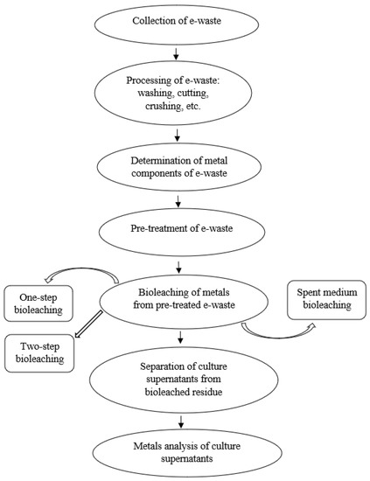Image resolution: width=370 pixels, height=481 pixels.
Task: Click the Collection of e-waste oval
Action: click(178, 21)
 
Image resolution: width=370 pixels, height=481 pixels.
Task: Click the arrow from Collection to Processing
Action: click(178, 54)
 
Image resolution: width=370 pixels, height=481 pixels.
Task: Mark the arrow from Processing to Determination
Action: click(178, 134)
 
